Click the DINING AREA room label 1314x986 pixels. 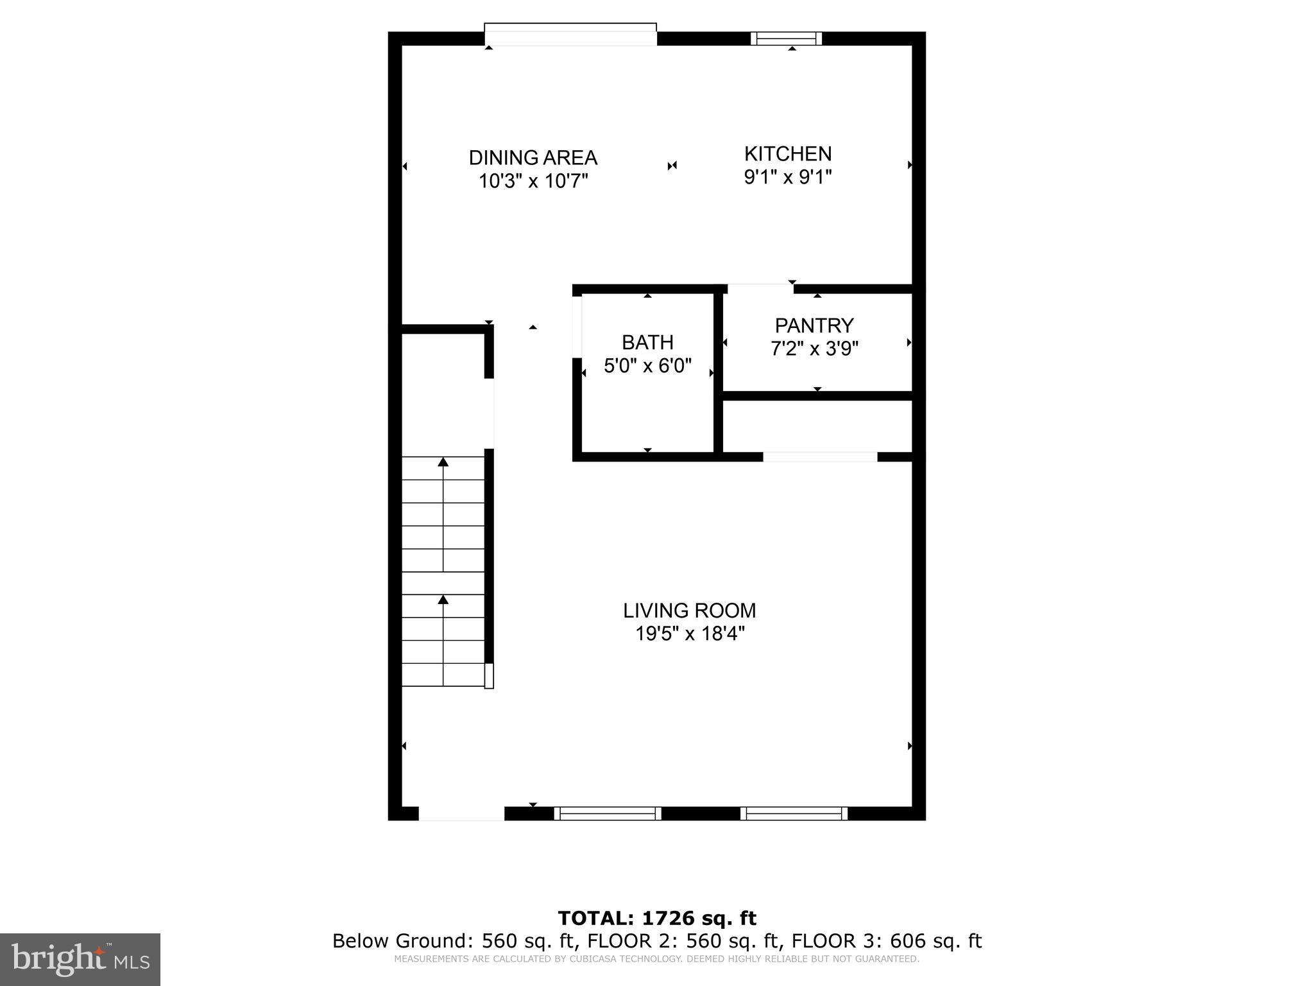pos(533,157)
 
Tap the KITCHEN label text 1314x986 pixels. pos(787,153)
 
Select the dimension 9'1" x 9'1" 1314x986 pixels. pos(787,177)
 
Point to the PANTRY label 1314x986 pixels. pos(814,325)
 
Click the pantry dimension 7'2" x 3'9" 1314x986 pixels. pos(814,349)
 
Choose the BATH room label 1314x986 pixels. pos(647,342)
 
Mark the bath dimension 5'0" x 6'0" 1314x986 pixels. pos(647,366)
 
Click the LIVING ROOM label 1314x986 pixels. pos(689,610)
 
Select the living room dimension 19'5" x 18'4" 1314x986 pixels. pos(689,634)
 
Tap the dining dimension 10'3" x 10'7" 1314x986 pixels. pos(533,181)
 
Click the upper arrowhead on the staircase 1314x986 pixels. pos(443,462)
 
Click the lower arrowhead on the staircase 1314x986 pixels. pos(443,600)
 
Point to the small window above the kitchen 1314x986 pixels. pos(787,39)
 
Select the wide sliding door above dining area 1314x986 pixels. pos(570,34)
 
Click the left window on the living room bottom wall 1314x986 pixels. pos(607,813)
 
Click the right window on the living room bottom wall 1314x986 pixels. pos(794,813)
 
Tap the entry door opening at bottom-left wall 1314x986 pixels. pos(461,814)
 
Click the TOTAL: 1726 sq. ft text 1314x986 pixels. pos(656,918)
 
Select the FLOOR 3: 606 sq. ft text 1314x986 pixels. pos(886,941)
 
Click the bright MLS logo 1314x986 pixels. pos(80,959)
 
